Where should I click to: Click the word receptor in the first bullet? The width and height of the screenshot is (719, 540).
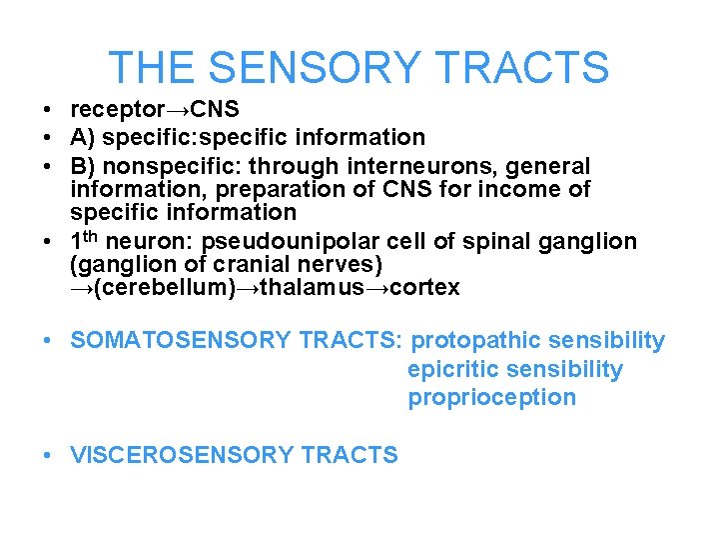(111, 109)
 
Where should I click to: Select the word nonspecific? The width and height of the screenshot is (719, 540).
(166, 165)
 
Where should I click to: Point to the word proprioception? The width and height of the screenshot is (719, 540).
(491, 397)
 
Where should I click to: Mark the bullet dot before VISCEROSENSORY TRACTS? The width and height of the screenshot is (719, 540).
(48, 455)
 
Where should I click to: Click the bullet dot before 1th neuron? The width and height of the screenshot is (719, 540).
(48, 242)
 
